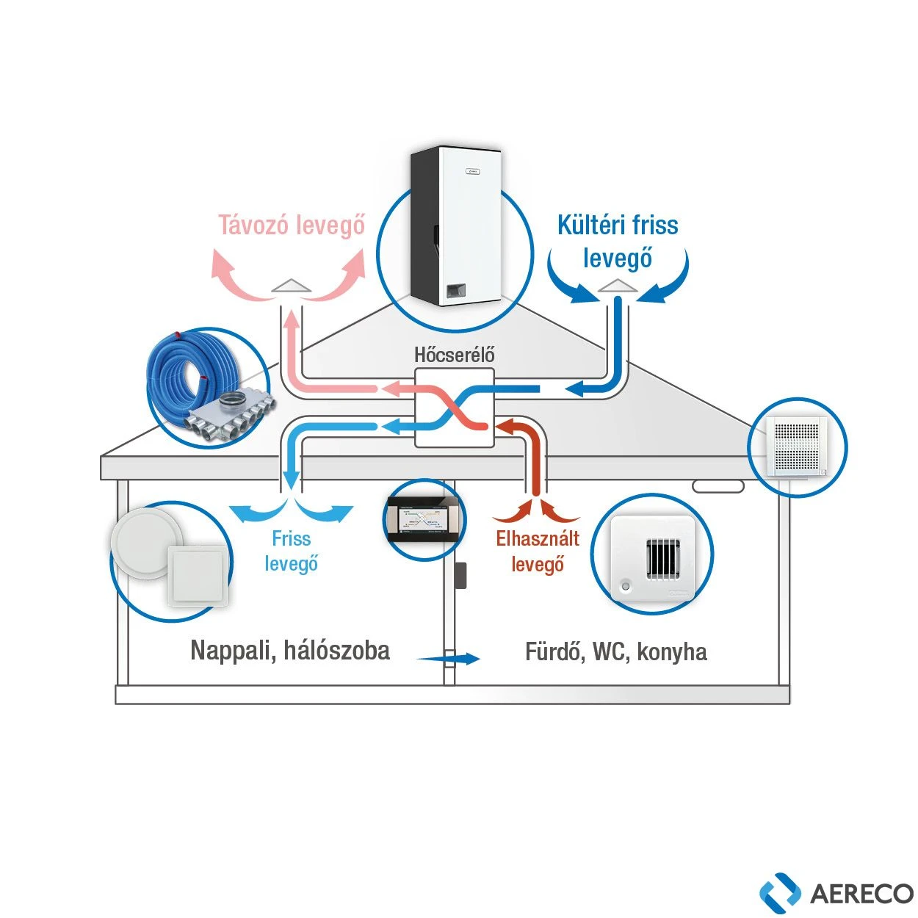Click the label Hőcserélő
[454, 355]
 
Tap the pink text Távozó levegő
[292, 225]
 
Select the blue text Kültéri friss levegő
[618, 242]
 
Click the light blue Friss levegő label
[291, 552]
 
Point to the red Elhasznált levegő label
[538, 552]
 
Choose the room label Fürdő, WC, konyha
[615, 651]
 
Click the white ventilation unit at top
[456, 225]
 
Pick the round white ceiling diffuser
[145, 543]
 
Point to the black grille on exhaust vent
[662, 558]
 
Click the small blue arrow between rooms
[448, 658]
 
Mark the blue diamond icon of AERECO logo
[780, 890]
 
